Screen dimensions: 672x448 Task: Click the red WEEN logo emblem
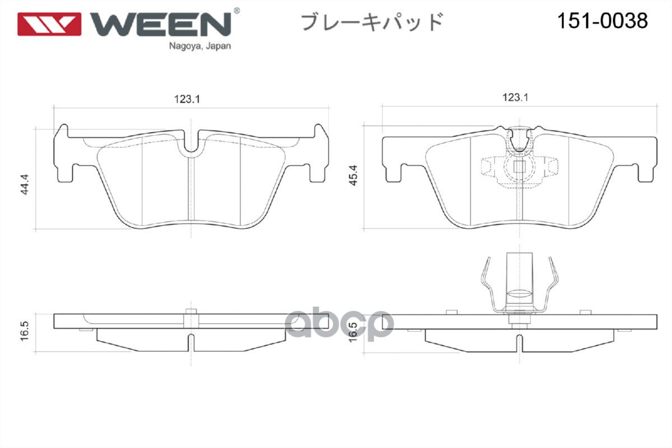tap(49, 24)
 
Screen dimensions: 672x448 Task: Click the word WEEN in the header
tap(161, 24)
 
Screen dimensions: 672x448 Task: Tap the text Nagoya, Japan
tap(200, 46)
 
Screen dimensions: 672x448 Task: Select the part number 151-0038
tap(603, 21)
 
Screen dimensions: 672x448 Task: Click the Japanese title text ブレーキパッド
tap(372, 22)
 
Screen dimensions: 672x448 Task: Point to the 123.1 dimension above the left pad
tap(187, 99)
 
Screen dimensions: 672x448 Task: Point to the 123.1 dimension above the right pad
tap(515, 97)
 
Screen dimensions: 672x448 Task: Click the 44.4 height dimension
tap(25, 184)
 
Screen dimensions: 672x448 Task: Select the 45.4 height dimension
tap(353, 175)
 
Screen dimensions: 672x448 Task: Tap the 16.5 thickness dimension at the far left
tap(25, 330)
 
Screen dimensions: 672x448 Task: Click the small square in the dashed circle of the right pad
tap(519, 166)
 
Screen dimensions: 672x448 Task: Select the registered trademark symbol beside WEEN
tap(236, 11)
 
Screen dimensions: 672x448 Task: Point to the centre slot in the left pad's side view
tap(191, 343)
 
